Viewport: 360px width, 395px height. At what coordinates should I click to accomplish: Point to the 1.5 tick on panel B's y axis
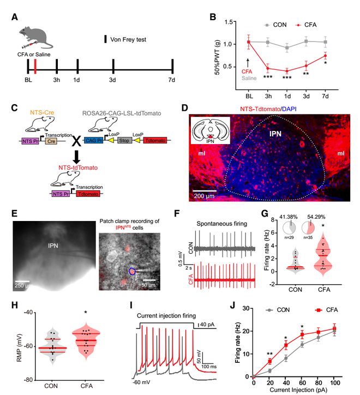click(231, 22)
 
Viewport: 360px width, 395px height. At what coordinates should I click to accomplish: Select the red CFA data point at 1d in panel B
click(285, 71)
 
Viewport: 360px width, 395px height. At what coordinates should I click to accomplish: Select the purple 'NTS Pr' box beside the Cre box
click(26, 141)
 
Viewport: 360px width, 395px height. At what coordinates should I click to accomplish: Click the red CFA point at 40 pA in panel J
click(285, 345)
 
